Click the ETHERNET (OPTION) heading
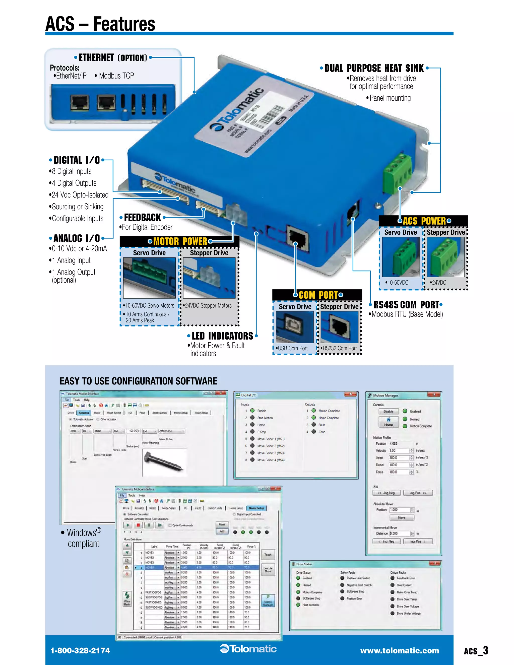(113, 57)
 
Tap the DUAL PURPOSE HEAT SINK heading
(374, 68)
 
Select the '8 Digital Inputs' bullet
(72, 171)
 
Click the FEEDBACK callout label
(142, 217)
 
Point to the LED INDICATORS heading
(222, 336)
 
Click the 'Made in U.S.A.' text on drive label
(299, 104)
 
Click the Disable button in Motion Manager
(388, 411)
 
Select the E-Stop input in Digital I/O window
(261, 432)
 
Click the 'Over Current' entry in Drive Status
(404, 585)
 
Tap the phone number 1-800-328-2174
(80, 651)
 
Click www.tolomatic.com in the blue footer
(400, 651)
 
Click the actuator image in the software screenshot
(164, 462)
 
